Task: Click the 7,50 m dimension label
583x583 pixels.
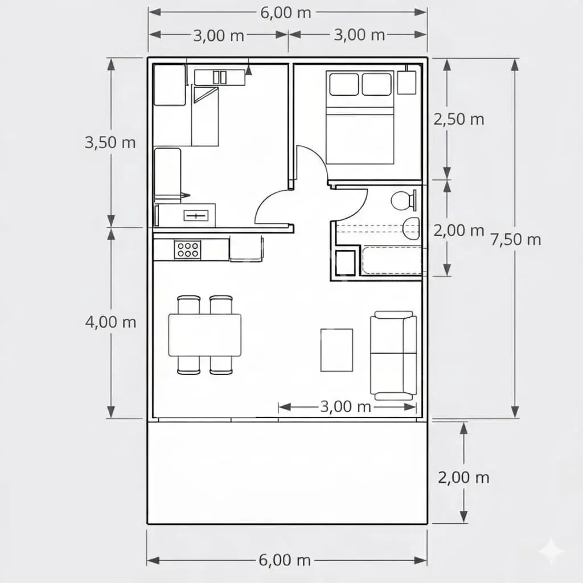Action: tap(516, 240)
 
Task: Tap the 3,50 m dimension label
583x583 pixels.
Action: tap(110, 142)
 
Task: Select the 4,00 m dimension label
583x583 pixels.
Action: tap(110, 322)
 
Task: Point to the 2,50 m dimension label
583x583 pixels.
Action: tap(459, 120)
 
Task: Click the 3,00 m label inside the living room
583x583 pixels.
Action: tap(346, 407)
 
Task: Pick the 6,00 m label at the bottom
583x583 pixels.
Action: tap(285, 560)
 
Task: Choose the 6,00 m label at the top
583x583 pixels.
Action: tap(286, 13)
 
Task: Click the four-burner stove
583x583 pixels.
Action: tap(188, 249)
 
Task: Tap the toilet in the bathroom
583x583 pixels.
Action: tap(404, 200)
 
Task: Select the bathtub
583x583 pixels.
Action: tap(392, 260)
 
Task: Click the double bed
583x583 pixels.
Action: tap(360, 117)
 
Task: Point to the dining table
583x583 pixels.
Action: tap(205, 335)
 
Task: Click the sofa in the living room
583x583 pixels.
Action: tap(393, 355)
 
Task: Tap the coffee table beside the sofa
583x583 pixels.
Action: tap(336, 350)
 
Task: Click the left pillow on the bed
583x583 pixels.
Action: tap(344, 84)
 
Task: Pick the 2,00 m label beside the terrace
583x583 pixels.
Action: tap(463, 478)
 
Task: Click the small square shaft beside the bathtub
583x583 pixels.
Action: tap(346, 263)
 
